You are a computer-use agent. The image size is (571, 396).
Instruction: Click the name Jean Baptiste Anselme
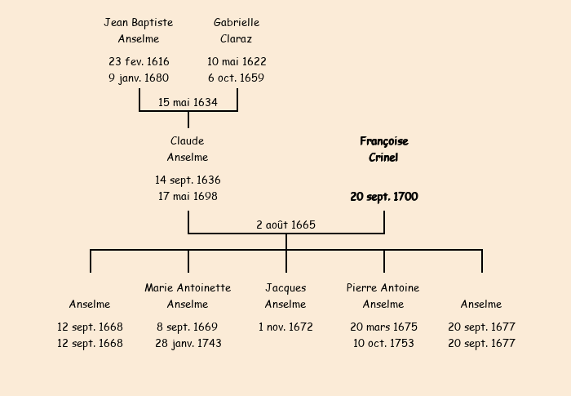[x=139, y=30]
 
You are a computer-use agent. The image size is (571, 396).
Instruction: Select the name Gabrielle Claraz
[x=237, y=30]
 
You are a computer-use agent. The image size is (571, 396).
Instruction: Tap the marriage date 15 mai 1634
[x=188, y=102]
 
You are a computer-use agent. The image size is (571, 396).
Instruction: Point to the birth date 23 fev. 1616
[x=139, y=61]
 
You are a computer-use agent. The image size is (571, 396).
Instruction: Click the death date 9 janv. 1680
[x=139, y=78]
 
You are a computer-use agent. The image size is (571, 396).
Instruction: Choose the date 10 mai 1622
[x=237, y=61]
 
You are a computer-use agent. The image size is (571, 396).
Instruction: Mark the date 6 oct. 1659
[x=237, y=78]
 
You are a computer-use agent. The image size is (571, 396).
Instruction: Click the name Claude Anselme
[x=188, y=149]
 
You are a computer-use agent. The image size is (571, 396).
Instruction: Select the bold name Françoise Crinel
[x=383, y=149]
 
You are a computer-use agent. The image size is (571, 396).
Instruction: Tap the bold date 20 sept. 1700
[x=383, y=197]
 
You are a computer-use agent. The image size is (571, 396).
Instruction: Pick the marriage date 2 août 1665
[x=285, y=225]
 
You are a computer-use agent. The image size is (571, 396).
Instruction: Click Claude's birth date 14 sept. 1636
[x=188, y=180]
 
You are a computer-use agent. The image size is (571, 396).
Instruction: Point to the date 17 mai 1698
[x=188, y=197]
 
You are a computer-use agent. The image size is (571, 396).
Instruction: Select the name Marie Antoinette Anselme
[x=188, y=296]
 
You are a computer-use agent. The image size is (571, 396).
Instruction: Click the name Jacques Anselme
[x=285, y=296]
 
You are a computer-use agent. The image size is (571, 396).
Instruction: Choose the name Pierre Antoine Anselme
[x=383, y=296]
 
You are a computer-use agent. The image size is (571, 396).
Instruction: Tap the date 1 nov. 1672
[x=285, y=327]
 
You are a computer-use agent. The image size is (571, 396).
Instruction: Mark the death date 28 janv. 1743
[x=188, y=344]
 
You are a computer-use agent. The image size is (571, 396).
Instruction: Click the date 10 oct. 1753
[x=383, y=344]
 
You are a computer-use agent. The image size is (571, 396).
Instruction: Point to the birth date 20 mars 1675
[x=383, y=327]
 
